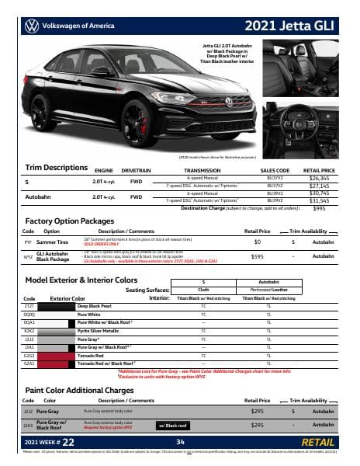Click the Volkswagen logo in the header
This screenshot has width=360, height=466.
tap(32, 26)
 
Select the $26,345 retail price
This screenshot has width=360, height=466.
tap(319, 178)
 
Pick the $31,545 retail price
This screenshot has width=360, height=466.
tap(319, 200)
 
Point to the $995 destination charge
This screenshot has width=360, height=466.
tap(319, 208)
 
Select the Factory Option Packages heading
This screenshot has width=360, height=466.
tap(71, 222)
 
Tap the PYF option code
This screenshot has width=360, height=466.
tap(28, 242)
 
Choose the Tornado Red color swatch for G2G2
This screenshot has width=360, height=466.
tap(56, 355)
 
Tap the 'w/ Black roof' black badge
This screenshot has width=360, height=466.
tap(176, 425)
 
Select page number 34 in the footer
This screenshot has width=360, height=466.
tap(179, 442)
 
